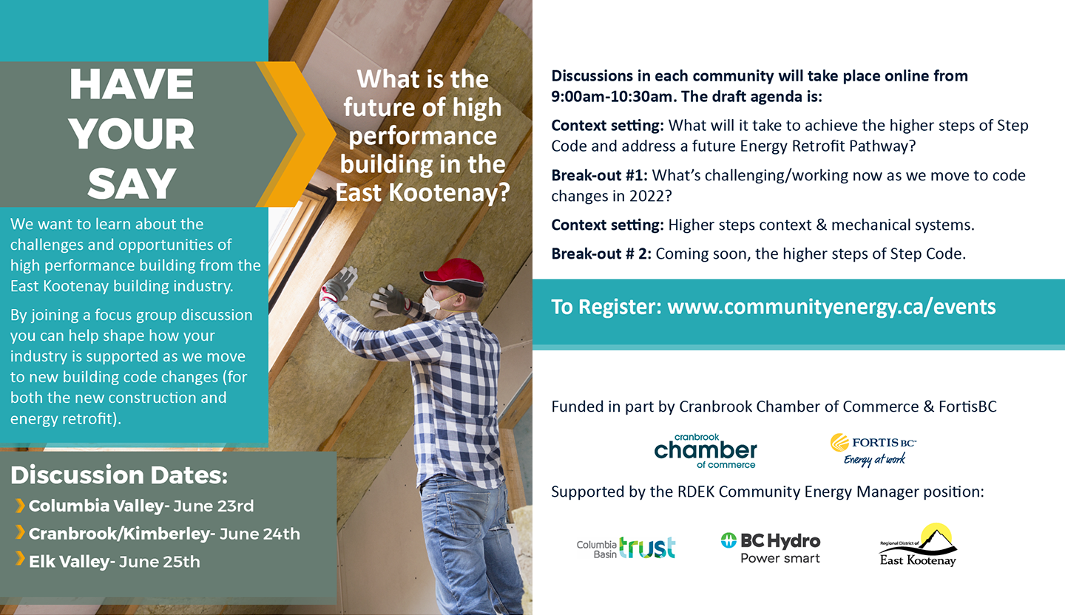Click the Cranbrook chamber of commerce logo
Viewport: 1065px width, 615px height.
tap(706, 451)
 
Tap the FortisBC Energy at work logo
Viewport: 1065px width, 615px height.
tap(873, 449)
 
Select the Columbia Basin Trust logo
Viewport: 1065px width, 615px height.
tap(626, 548)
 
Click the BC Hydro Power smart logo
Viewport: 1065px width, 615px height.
tap(771, 548)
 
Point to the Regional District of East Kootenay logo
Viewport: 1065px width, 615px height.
tap(918, 545)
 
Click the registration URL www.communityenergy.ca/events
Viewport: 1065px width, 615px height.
tap(831, 307)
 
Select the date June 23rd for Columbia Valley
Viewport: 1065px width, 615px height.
tap(214, 506)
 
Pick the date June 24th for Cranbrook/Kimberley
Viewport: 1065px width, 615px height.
tap(260, 534)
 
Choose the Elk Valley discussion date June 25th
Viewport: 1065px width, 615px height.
tap(159, 562)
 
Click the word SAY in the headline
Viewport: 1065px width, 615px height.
tap(132, 183)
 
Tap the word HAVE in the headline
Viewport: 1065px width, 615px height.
tap(132, 84)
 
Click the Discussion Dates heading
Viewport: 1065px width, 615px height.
tap(119, 475)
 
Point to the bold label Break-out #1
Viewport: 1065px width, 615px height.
tap(599, 175)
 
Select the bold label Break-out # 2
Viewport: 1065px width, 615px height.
tap(601, 254)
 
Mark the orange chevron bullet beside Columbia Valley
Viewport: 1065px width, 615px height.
tap(20, 506)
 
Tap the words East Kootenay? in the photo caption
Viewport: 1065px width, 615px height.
tap(423, 193)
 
